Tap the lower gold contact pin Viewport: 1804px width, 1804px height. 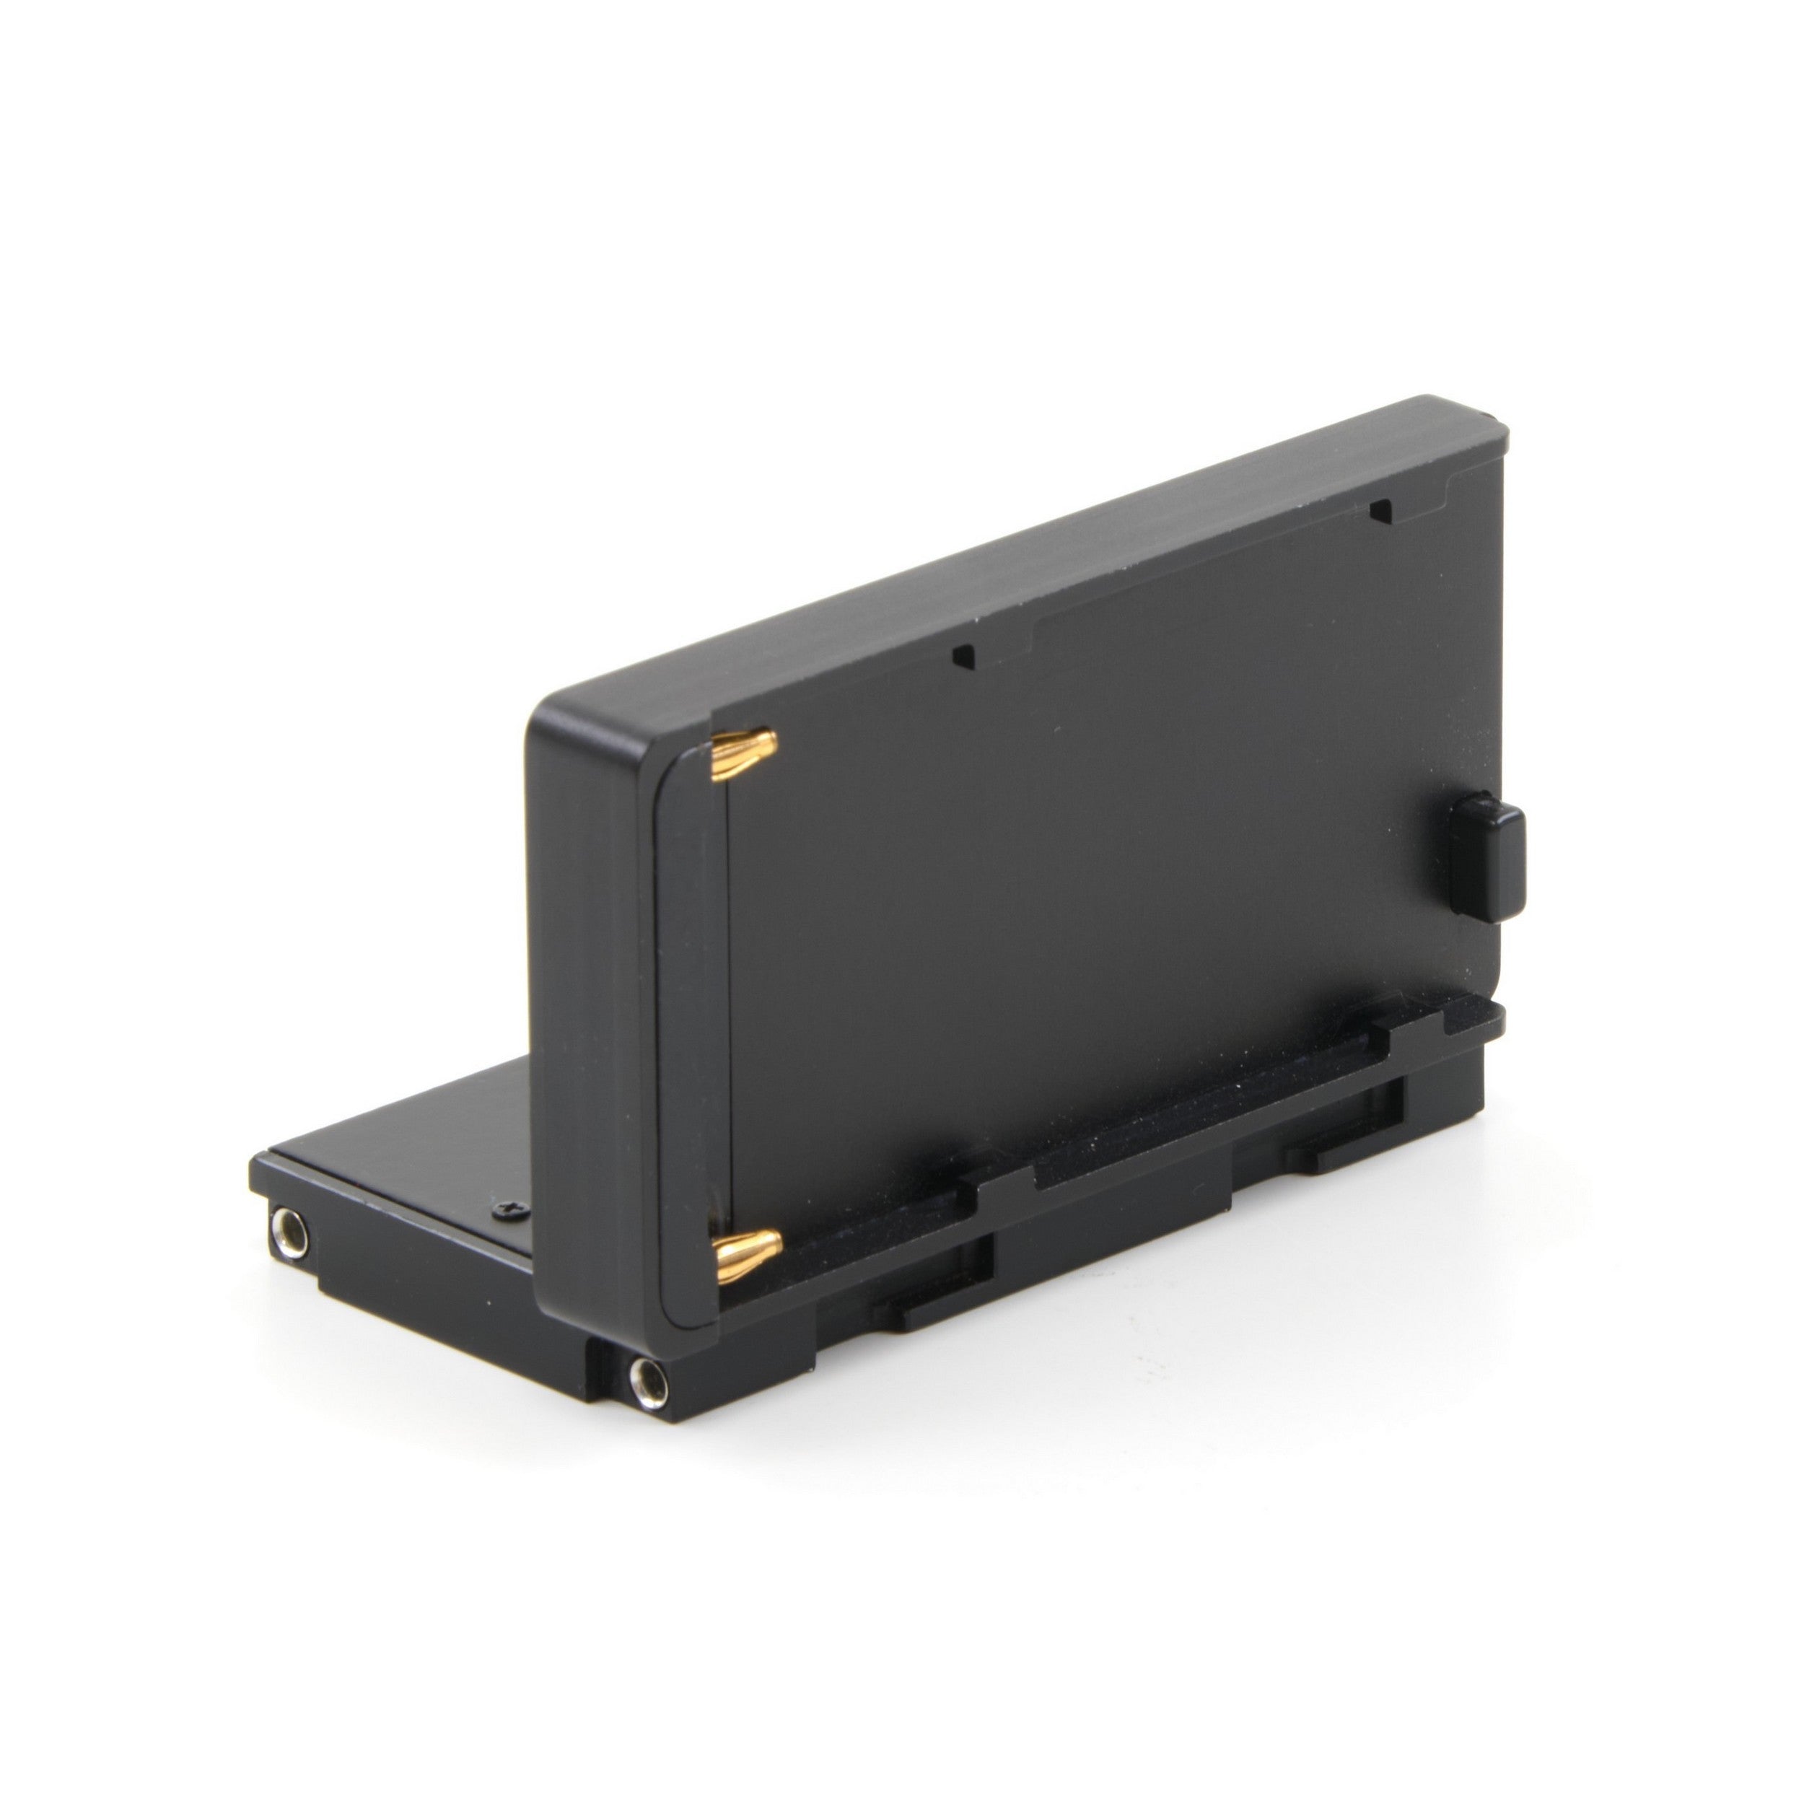(x=746, y=1245)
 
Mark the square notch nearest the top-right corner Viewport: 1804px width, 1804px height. (x=1378, y=511)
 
